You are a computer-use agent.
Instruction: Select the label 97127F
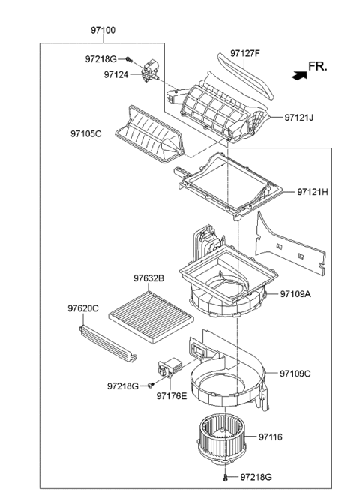244,53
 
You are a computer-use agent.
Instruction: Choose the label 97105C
86,135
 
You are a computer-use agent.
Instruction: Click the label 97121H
313,192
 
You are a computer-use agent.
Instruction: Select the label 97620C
83,308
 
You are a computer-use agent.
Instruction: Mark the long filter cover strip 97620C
109,341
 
